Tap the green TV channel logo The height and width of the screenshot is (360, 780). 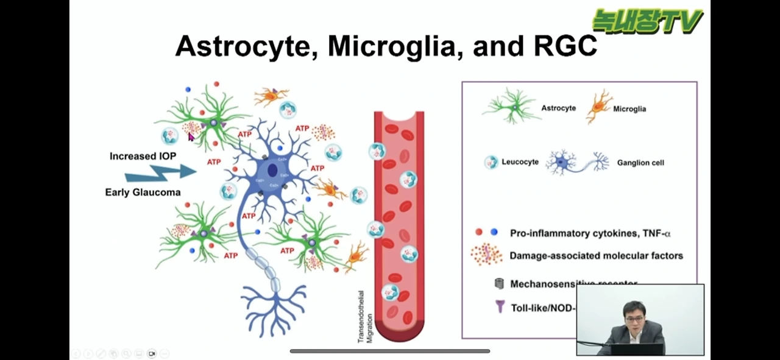648,21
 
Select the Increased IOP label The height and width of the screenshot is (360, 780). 143,156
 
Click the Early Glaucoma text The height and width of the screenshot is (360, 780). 143,192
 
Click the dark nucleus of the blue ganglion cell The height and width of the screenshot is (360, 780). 272,168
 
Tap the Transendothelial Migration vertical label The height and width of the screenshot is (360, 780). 364,317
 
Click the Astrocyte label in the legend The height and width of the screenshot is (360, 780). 558,108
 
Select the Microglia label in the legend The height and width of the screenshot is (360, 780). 629,109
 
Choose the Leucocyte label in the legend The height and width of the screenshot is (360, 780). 520,162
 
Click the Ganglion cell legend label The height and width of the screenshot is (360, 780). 640,163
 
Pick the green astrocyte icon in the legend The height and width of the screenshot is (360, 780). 511,107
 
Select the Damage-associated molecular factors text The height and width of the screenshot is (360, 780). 596,256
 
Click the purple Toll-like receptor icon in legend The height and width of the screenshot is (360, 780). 500,306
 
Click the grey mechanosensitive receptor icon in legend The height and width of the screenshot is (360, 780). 499,283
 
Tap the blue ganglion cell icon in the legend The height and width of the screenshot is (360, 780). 576,162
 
